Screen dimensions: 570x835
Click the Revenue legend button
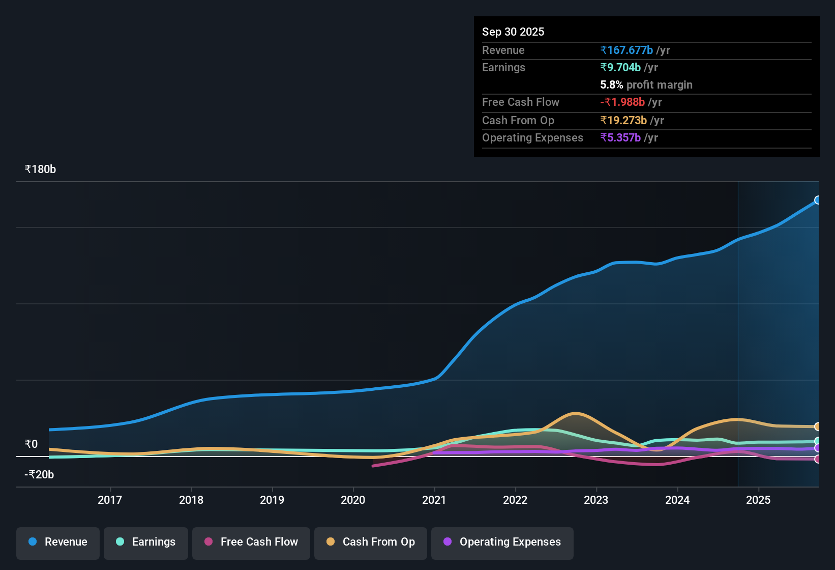(x=58, y=542)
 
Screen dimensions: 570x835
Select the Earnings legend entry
(x=146, y=542)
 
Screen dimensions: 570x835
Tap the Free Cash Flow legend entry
(x=251, y=542)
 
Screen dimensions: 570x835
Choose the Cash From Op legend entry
(x=371, y=542)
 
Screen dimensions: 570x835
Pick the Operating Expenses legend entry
(x=502, y=542)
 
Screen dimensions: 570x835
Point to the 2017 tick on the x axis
(x=110, y=500)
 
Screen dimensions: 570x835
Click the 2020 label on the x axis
(x=353, y=500)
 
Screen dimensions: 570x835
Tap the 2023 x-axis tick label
(x=596, y=500)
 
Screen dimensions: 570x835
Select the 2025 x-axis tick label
(x=758, y=500)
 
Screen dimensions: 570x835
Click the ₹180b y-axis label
(x=40, y=169)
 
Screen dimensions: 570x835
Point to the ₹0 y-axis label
(x=31, y=444)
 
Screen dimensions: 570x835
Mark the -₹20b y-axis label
(x=39, y=475)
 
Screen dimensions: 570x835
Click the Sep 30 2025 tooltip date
(x=513, y=32)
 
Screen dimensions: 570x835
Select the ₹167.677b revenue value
(x=627, y=50)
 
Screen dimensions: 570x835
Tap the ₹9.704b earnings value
(x=620, y=68)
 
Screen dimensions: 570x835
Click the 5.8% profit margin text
(x=646, y=85)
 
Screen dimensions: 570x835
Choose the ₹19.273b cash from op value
(x=623, y=121)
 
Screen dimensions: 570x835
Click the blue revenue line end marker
(x=817, y=200)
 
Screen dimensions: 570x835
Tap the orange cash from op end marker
(x=817, y=426)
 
